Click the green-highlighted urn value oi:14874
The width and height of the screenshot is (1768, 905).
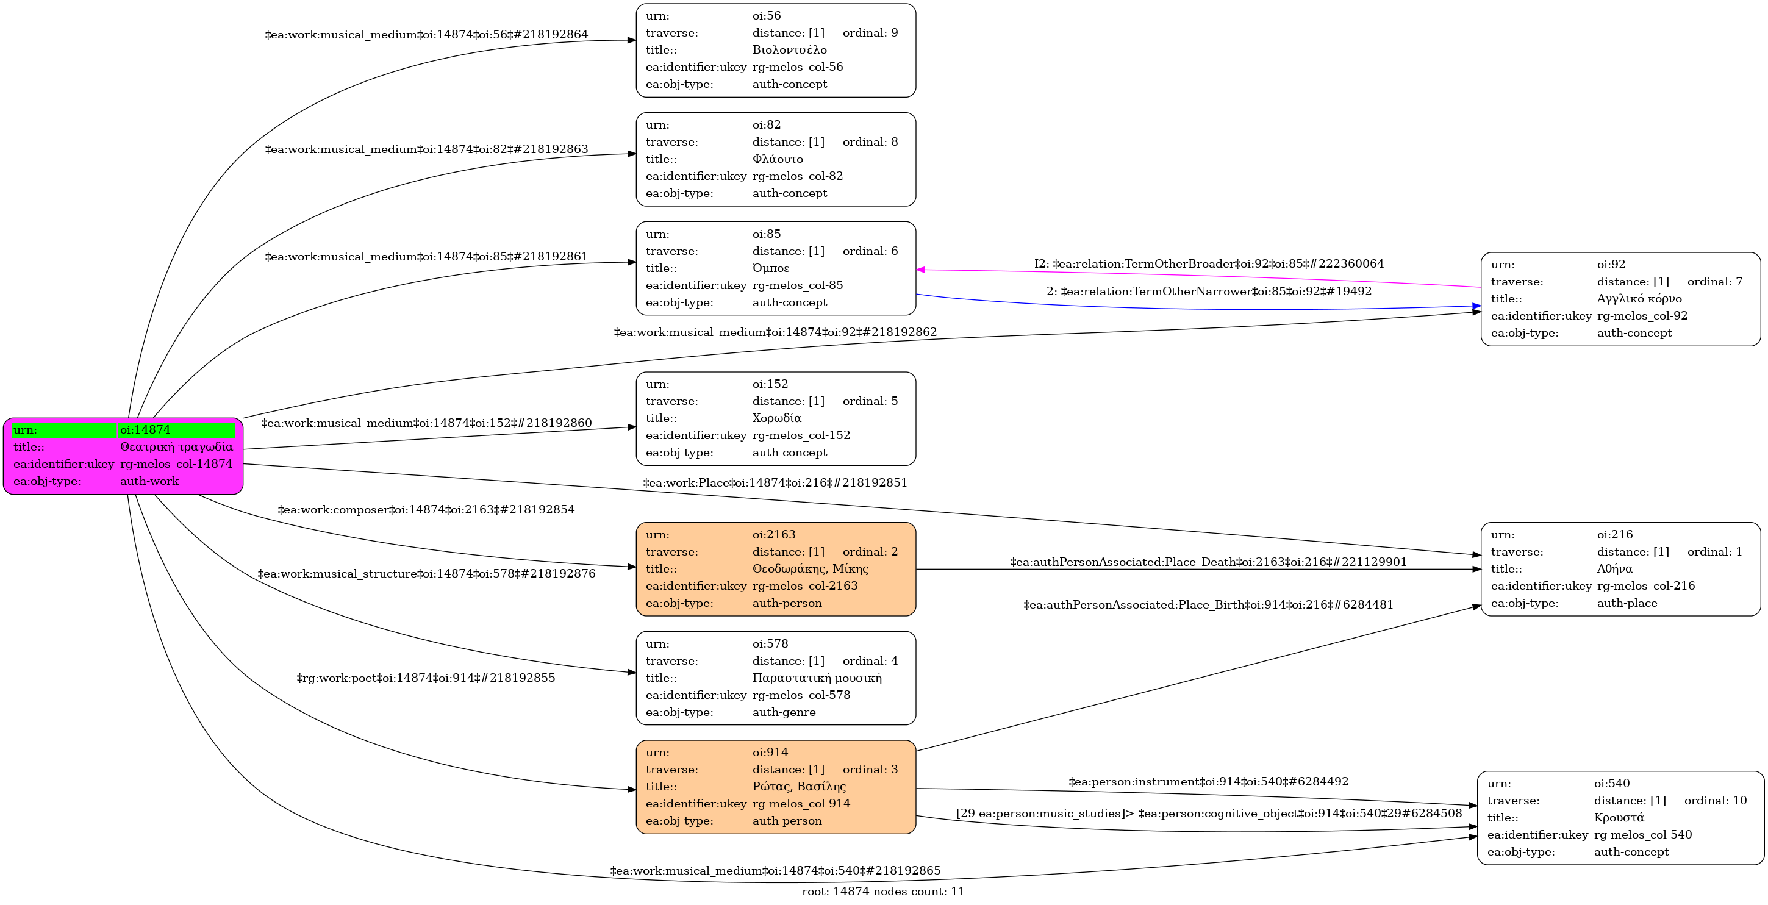click(146, 430)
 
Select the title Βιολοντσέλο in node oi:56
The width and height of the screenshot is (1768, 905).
click(789, 50)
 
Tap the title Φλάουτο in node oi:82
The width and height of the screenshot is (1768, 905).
click(777, 159)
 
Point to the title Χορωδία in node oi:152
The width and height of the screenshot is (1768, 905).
click(776, 418)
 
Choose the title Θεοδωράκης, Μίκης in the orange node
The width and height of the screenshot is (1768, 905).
click(810, 569)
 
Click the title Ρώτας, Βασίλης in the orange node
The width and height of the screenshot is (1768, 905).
click(799, 786)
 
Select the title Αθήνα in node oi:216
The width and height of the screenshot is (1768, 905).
click(1614, 569)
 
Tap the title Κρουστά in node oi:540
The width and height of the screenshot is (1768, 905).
click(1618, 818)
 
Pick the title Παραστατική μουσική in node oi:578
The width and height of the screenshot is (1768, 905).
click(817, 678)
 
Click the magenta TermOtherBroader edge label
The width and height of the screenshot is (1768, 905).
click(1209, 264)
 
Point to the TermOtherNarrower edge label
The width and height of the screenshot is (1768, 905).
click(1209, 292)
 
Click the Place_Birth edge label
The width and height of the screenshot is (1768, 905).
click(1208, 605)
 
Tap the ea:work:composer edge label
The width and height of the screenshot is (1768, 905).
click(426, 510)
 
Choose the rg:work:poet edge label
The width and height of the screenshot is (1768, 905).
click(426, 679)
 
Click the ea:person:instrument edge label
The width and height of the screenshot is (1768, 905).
click(1208, 781)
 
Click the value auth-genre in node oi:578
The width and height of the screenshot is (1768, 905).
click(784, 712)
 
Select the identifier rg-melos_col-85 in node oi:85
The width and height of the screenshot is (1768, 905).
click(798, 285)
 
